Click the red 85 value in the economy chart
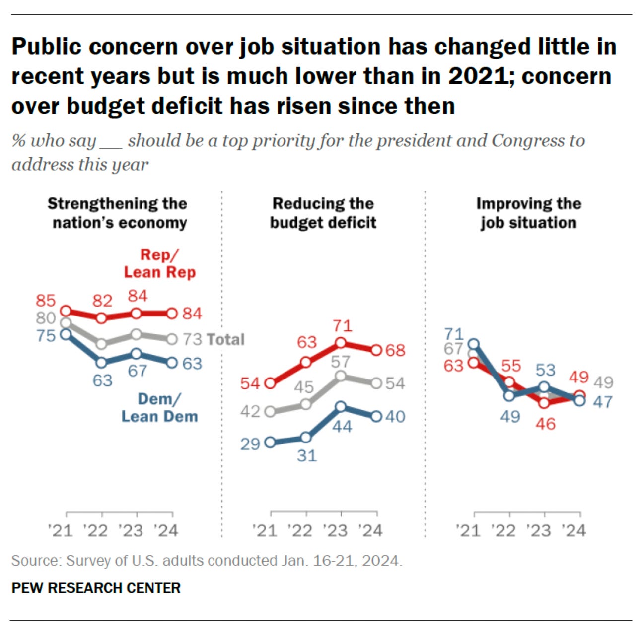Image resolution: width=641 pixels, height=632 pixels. pyautogui.click(x=45, y=300)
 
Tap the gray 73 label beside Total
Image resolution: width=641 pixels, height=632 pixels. pyautogui.click(x=192, y=339)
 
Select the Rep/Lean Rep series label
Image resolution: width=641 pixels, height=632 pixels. pyautogui.click(x=159, y=263)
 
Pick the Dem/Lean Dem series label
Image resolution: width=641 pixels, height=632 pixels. pyautogui.click(x=159, y=407)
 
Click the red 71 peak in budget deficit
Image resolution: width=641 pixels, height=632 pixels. pyautogui.click(x=343, y=326)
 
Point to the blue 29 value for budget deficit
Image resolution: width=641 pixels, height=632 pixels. pyautogui.click(x=250, y=443)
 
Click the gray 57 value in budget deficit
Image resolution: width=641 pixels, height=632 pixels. pyautogui.click(x=341, y=362)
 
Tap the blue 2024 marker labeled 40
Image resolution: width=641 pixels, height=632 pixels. pyautogui.click(x=376, y=416)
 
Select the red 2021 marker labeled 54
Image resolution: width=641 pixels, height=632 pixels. pyautogui.click(x=270, y=383)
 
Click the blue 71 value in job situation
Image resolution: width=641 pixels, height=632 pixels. pyautogui.click(x=454, y=334)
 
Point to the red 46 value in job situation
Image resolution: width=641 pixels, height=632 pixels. pyautogui.click(x=545, y=424)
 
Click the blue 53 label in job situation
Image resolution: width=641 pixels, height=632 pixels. pyautogui.click(x=545, y=370)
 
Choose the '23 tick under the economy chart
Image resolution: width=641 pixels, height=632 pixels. pyautogui.click(x=131, y=530)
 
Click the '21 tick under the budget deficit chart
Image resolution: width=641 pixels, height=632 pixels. pyautogui.click(x=264, y=530)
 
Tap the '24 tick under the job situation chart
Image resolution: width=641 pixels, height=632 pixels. pyautogui.click(x=574, y=530)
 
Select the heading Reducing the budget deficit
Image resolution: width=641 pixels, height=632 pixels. pyautogui.click(x=323, y=213)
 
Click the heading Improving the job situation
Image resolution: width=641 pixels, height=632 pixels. pyautogui.click(x=528, y=213)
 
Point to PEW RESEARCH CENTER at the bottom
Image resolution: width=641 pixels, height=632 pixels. pyautogui.click(x=96, y=588)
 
